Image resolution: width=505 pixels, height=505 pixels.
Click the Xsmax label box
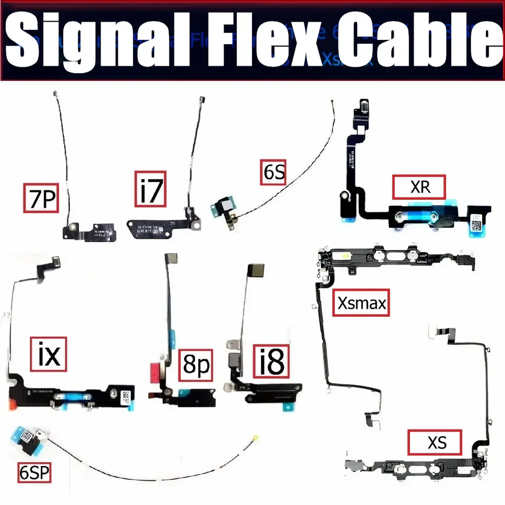pyautogui.click(x=361, y=302)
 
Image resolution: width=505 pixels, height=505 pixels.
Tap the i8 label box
pyautogui.click(x=271, y=361)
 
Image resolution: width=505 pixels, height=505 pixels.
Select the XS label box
pyautogui.click(x=435, y=442)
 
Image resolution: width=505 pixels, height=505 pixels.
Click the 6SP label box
pyautogui.click(x=34, y=472)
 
